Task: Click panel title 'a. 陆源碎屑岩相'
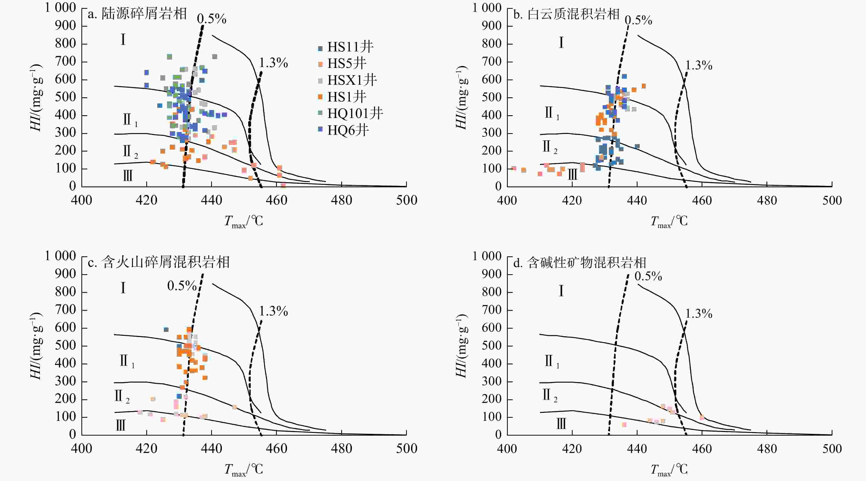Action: pyautogui.click(x=137, y=14)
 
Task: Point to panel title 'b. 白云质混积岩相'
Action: pyautogui.click(x=566, y=14)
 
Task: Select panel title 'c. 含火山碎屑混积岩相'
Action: pyautogui.click(x=159, y=262)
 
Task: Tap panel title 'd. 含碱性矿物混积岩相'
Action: pyautogui.click(x=580, y=263)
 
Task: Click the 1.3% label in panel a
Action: pyautogui.click(x=273, y=63)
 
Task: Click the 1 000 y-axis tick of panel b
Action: pyautogui.click(x=487, y=8)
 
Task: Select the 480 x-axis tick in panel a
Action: pyautogui.click(x=341, y=200)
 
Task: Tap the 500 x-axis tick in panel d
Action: pyautogui.click(x=832, y=449)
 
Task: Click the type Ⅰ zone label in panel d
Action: pyautogui.click(x=561, y=291)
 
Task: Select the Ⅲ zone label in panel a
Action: pyautogui.click(x=127, y=175)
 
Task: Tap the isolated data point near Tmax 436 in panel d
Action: pyautogui.click(x=624, y=425)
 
